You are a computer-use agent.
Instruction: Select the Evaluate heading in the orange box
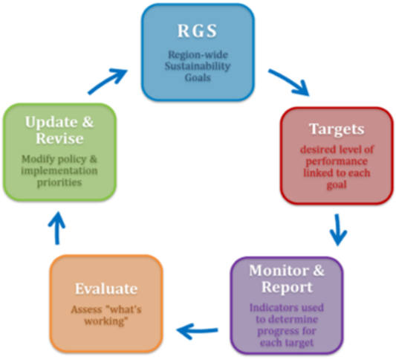pyautogui.click(x=104, y=289)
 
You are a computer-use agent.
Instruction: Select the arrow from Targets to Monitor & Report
pyautogui.click(x=338, y=229)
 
